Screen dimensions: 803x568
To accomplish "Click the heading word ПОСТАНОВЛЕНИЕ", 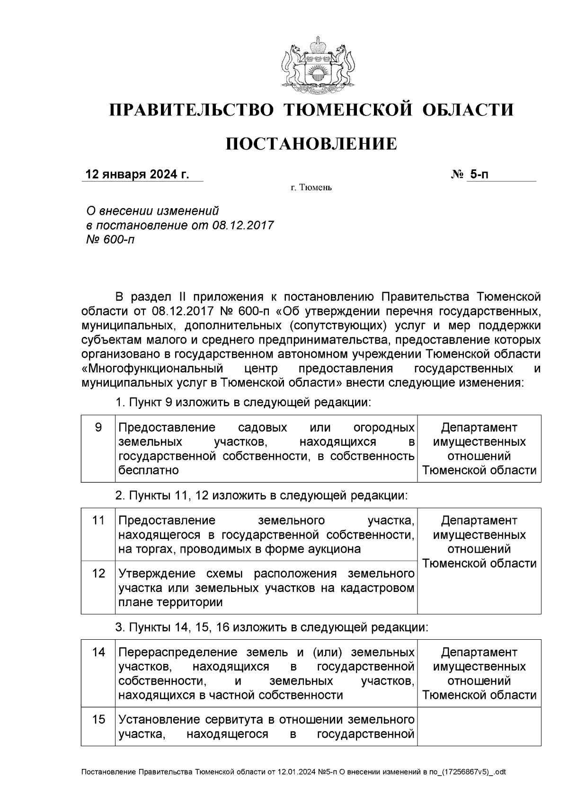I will click(x=311, y=144).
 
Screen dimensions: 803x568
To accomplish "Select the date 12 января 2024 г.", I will click(x=137, y=175).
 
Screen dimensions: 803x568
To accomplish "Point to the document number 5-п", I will click(x=479, y=175).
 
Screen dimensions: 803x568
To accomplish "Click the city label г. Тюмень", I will click(x=311, y=188).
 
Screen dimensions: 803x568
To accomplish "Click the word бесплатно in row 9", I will click(x=148, y=470).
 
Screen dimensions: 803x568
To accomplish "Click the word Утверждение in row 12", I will click(x=157, y=574).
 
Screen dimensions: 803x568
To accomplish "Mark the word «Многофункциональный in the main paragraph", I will click(x=152, y=368).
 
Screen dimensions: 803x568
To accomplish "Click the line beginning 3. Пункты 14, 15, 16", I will click(x=272, y=627).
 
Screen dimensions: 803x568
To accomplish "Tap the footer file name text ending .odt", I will click(x=293, y=772).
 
